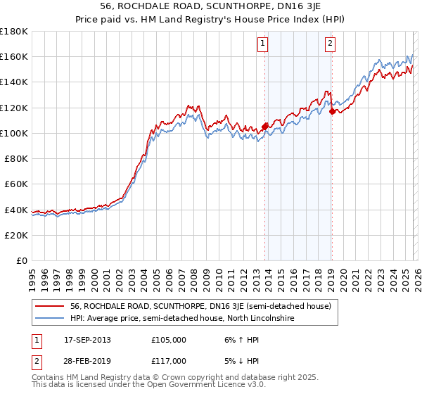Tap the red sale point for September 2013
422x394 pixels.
(x=264, y=127)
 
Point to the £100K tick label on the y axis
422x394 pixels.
(x=15, y=133)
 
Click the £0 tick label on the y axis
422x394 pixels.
(x=23, y=260)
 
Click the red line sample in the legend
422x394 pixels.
(x=50, y=306)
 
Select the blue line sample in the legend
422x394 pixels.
(x=50, y=319)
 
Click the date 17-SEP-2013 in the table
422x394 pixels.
(x=87, y=340)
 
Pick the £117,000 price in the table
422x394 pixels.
(x=169, y=361)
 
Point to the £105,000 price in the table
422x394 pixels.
(x=169, y=340)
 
